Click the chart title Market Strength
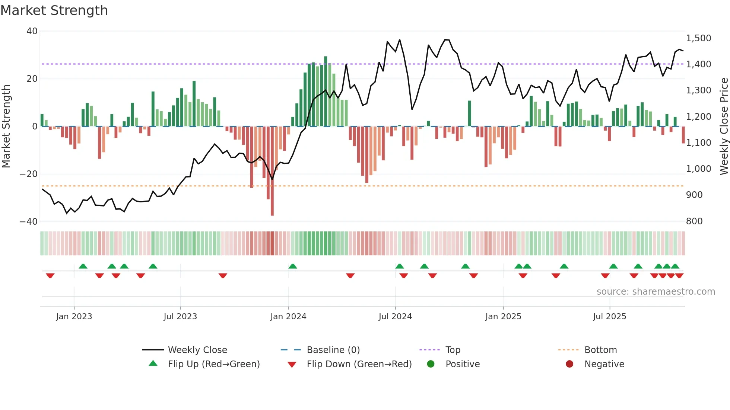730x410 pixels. pos(54,10)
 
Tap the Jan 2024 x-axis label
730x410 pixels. pos(288,317)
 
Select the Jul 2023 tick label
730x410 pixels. pos(180,317)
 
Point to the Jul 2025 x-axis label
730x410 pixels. pos(610,317)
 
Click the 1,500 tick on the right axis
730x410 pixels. pos(698,38)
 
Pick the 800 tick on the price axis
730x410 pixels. pos(694,221)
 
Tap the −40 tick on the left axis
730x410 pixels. pos(29,222)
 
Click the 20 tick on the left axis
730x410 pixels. pos(32,79)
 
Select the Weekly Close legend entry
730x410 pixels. pos(197,350)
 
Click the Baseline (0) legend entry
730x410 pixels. pos(333,350)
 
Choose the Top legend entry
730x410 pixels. pos(453,350)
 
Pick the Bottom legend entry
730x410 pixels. pos(600,350)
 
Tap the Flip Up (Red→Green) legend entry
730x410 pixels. pos(214,364)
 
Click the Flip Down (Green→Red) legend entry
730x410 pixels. pos(359,364)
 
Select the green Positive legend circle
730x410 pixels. pos(431,364)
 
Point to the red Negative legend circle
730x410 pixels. pos(569,364)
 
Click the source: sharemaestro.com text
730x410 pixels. pos(656,292)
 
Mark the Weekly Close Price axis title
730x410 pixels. pos(724,126)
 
